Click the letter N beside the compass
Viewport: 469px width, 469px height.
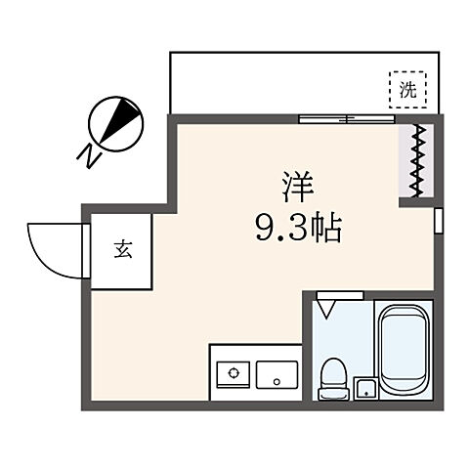[87, 154]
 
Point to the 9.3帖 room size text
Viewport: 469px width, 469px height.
[298, 231]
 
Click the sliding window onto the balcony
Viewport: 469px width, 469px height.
[347, 119]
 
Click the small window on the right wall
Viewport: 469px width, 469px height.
[438, 220]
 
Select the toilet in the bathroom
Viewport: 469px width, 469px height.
[332, 376]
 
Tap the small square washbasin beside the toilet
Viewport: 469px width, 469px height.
[365, 387]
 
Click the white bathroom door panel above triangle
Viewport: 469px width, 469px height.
[339, 293]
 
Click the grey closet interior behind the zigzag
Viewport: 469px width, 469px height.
[408, 159]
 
